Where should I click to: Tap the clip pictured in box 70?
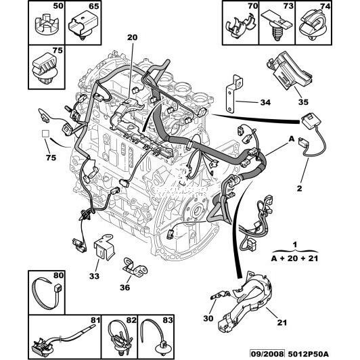(x=240, y=26)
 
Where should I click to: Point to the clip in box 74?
(x=313, y=26)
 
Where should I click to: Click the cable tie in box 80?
(x=48, y=294)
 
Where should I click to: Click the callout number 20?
(x=132, y=37)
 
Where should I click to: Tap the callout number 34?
(x=265, y=102)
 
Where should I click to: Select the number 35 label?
(x=303, y=102)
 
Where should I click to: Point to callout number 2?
(x=299, y=188)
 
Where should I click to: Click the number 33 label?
(x=94, y=276)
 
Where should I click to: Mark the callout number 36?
(x=125, y=287)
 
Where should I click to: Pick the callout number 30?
(x=208, y=318)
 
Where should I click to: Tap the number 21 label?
(x=282, y=323)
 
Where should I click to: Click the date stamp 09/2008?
(x=267, y=354)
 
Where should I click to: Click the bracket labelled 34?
(x=233, y=93)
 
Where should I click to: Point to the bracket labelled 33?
(x=104, y=247)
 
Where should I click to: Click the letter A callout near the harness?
(x=291, y=139)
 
